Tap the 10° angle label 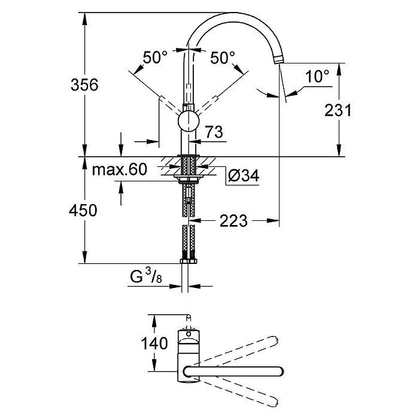coord(317,76)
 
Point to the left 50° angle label coord(155,58)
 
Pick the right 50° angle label coord(222,58)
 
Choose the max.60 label coord(120,170)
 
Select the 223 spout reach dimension coord(233,221)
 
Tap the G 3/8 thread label coord(145,277)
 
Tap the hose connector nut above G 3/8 coord(188,261)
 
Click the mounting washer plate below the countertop coord(188,178)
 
